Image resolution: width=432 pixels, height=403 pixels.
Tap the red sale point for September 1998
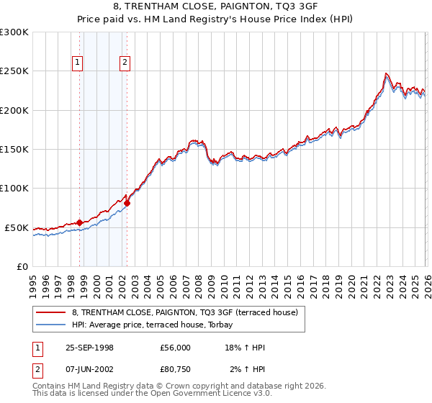79,222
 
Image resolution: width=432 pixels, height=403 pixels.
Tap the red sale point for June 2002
127,204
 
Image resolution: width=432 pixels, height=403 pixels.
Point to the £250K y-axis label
14,71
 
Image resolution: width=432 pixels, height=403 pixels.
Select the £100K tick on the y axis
14,189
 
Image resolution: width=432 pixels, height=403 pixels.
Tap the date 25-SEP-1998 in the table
89,348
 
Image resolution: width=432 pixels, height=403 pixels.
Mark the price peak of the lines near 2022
386,73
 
